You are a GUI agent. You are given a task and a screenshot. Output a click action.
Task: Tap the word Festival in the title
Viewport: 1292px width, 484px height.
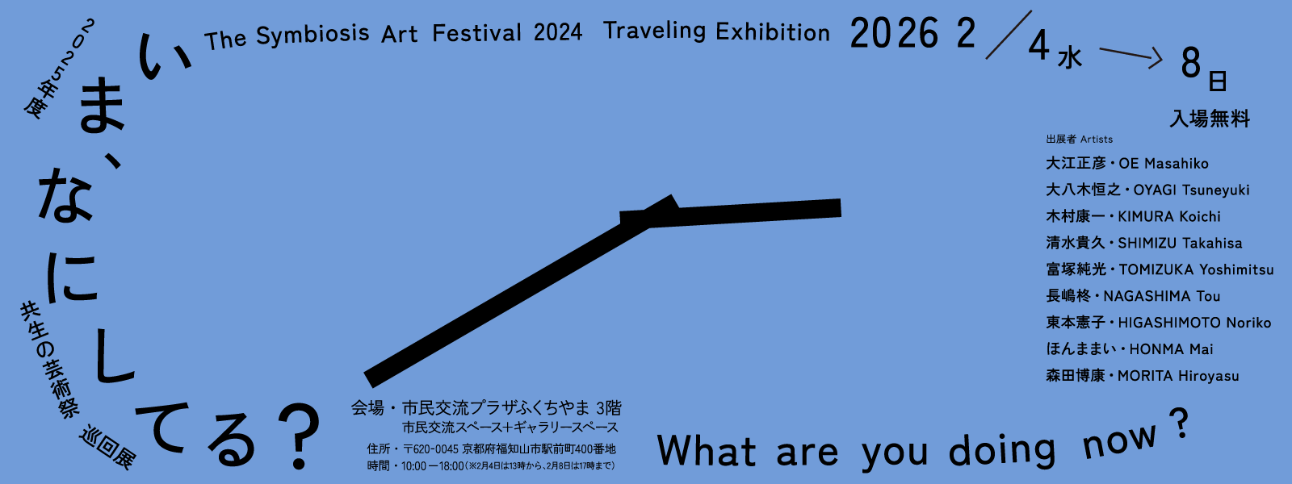(477, 33)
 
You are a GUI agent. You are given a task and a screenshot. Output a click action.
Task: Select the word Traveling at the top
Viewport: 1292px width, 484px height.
(655, 31)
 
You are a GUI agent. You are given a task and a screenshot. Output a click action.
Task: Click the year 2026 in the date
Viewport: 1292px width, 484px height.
(895, 33)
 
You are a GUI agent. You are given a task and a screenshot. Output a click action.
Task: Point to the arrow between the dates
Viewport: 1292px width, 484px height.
(1131, 56)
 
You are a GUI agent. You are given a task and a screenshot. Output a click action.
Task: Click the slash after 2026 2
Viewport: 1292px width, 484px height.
(1009, 35)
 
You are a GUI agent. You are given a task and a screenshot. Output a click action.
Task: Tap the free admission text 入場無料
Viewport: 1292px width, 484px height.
(1210, 119)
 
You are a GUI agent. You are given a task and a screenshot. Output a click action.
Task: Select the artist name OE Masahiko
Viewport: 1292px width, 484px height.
(1164, 164)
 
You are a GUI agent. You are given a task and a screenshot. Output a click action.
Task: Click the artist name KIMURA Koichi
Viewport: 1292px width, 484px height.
(1169, 217)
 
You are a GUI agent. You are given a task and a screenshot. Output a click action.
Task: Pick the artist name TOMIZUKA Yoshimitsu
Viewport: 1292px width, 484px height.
(1196, 269)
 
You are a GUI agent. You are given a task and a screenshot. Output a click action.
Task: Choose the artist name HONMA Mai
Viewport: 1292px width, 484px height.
(1171, 349)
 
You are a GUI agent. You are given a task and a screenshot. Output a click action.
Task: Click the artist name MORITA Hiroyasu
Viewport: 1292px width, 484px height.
(1178, 376)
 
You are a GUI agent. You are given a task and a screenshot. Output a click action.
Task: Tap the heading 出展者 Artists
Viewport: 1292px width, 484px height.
(1080, 140)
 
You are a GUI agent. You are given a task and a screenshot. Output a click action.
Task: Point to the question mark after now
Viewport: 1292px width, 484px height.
(1180, 423)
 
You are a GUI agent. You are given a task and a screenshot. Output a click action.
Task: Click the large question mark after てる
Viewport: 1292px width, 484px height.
(298, 436)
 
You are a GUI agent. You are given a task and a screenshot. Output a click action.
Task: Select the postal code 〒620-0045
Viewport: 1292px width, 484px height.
(430, 449)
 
